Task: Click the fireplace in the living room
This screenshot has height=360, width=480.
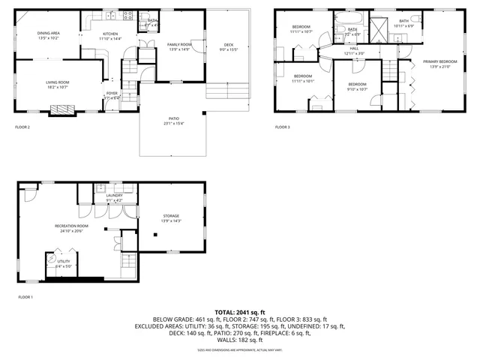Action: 62,109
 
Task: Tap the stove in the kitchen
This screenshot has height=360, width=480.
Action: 127,15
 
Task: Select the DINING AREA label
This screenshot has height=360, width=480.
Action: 49,34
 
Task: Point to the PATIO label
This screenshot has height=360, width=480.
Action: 173,121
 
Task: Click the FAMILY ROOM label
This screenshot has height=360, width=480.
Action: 178,45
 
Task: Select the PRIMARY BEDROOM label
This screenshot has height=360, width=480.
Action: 439,61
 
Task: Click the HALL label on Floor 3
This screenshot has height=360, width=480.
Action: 354,49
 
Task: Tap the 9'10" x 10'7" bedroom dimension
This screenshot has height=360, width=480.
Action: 357,89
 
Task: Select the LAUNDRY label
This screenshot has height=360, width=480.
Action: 114,195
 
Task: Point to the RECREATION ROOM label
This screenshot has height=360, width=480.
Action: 71,226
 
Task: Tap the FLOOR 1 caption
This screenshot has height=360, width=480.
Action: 25,298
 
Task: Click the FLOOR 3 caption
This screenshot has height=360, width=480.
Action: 282,127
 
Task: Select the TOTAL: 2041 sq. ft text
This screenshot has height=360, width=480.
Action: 240,312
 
